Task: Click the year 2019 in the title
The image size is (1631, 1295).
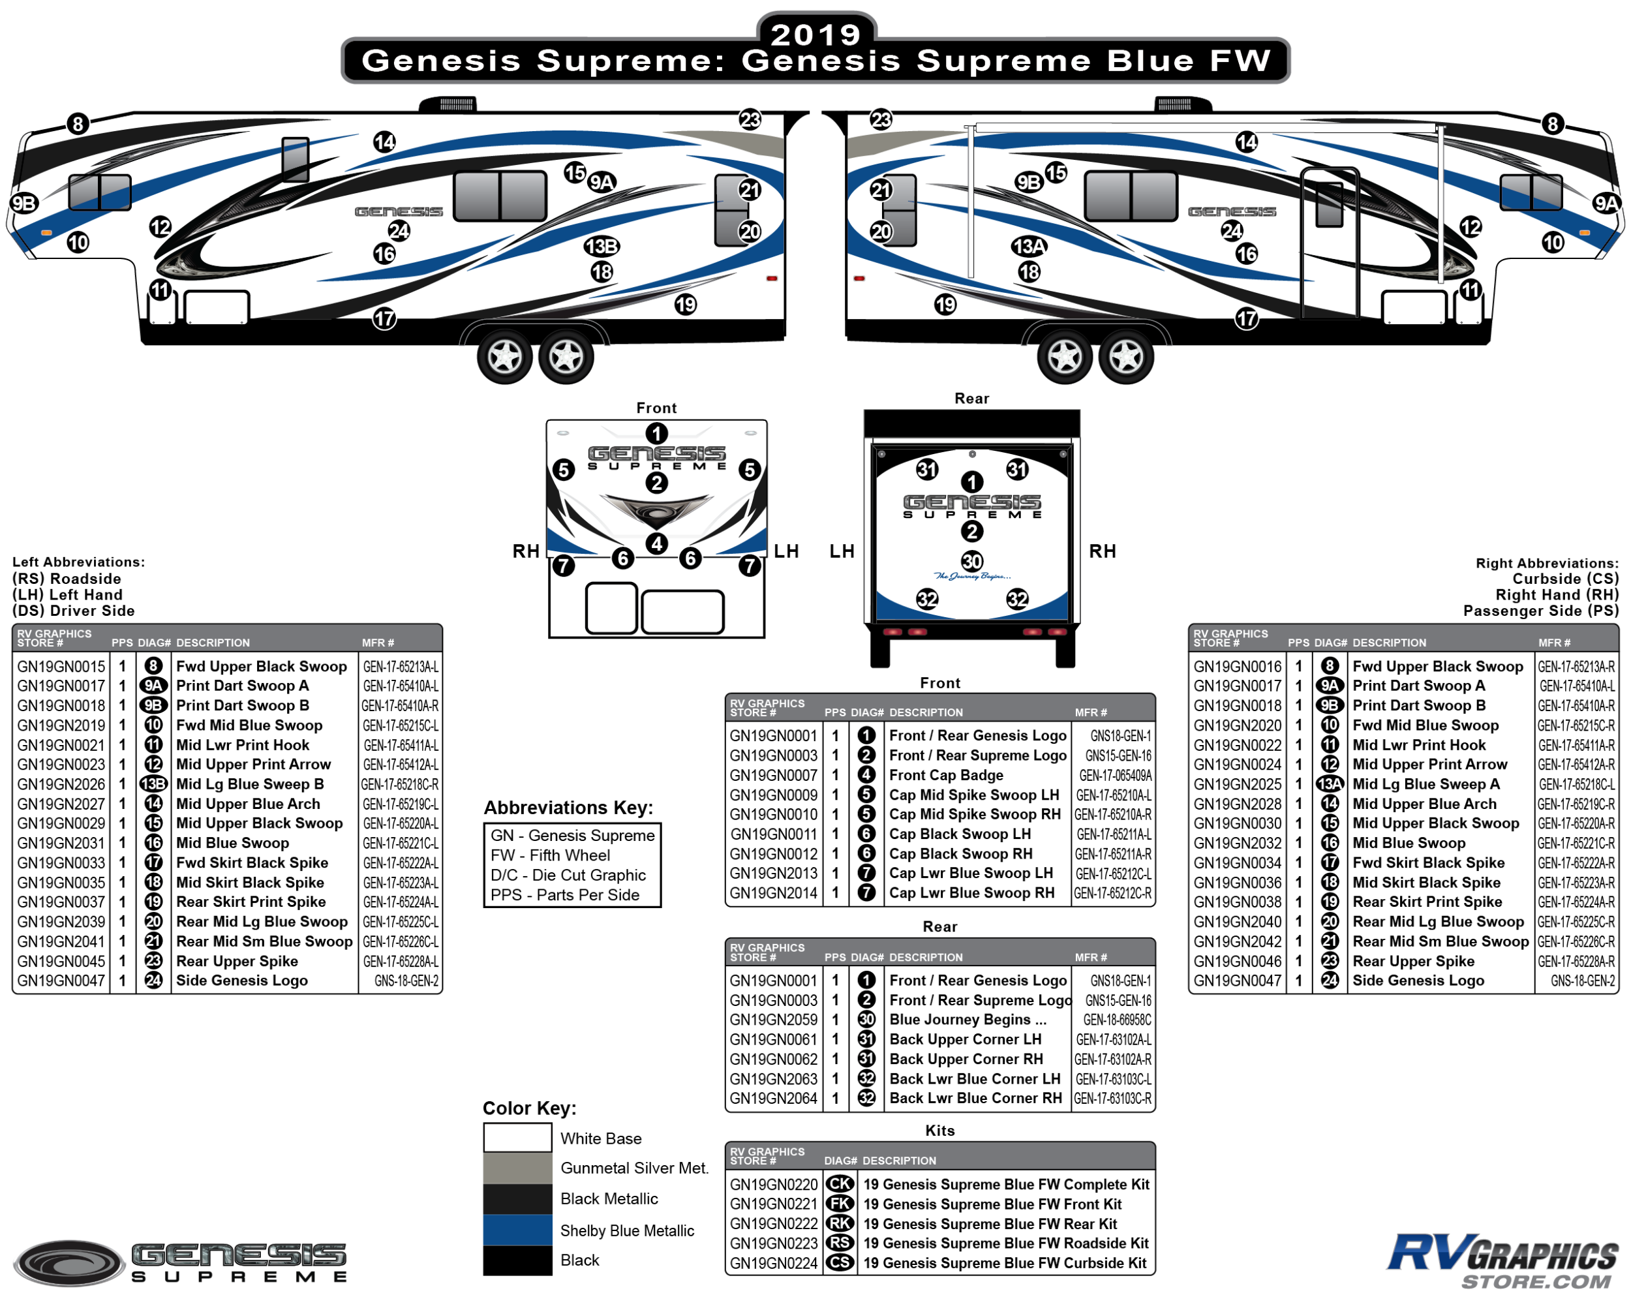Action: click(815, 33)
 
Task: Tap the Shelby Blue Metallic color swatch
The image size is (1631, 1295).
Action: click(517, 1229)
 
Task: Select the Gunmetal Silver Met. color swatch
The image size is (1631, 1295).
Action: click(517, 1167)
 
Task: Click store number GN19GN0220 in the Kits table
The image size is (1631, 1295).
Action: click(773, 1184)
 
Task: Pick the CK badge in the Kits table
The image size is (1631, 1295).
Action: click(839, 1184)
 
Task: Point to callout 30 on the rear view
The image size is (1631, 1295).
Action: click(971, 560)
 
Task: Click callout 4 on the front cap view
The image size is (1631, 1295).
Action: click(656, 543)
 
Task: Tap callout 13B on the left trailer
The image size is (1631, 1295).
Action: click(602, 246)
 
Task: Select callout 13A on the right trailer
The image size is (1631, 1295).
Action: click(1029, 246)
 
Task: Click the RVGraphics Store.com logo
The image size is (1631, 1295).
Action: click(1501, 1260)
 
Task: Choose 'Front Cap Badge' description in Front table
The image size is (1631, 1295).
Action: click(945, 774)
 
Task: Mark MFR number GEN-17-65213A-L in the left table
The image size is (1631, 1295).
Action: click(400, 666)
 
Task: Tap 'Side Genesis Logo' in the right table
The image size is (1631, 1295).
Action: click(1418, 981)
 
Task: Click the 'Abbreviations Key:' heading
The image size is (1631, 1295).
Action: click(568, 807)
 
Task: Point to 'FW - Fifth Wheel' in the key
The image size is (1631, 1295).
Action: click(550, 855)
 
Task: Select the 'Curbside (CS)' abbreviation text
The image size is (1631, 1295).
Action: click(1565, 579)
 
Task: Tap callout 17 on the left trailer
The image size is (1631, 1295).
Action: click(384, 318)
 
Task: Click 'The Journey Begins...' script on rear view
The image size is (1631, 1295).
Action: click(972, 577)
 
